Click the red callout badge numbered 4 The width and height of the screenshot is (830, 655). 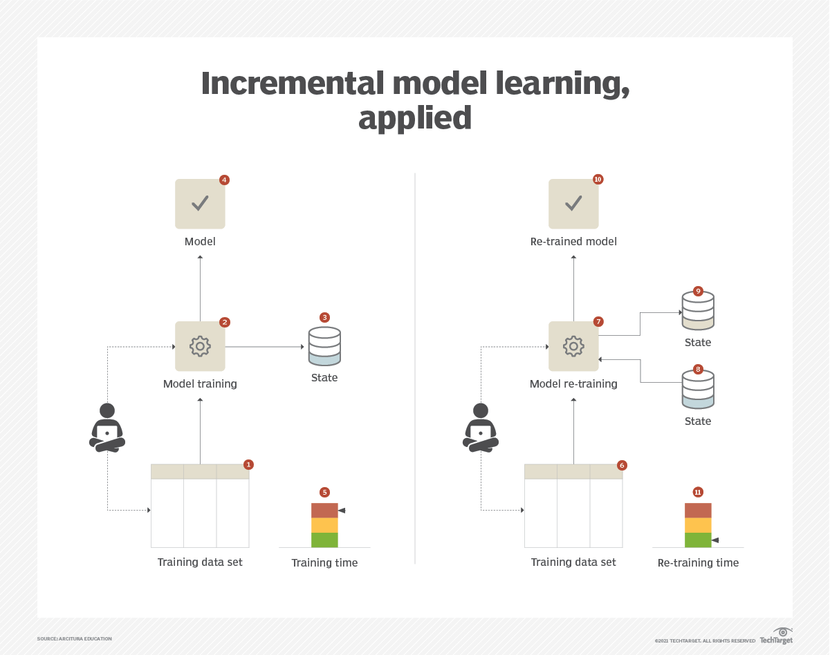tap(224, 180)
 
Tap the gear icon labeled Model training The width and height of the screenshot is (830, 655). tap(200, 346)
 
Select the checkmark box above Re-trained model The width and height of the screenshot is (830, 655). tap(573, 204)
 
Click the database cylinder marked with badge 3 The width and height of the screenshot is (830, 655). tap(324, 346)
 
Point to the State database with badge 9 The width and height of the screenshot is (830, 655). tap(698, 312)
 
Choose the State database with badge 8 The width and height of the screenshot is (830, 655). tap(698, 390)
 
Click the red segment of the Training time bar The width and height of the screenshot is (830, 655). tap(324, 511)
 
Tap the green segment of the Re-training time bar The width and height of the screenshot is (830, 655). tap(698, 540)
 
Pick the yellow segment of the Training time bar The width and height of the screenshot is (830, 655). tap(324, 525)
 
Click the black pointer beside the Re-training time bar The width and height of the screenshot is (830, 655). tap(715, 540)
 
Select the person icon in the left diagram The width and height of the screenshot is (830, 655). tap(107, 428)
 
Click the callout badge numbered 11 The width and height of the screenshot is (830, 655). tap(698, 492)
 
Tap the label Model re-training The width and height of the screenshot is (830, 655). tap(573, 384)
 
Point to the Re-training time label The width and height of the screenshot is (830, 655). tap(698, 563)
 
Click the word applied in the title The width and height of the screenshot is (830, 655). tap(415, 119)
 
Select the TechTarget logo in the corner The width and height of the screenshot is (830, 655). tap(777, 636)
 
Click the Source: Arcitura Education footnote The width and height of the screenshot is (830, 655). tap(75, 639)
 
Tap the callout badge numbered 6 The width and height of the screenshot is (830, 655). tap(622, 466)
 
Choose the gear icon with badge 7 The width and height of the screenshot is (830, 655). tap(573, 346)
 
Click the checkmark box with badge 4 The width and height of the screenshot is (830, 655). tap(200, 204)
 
